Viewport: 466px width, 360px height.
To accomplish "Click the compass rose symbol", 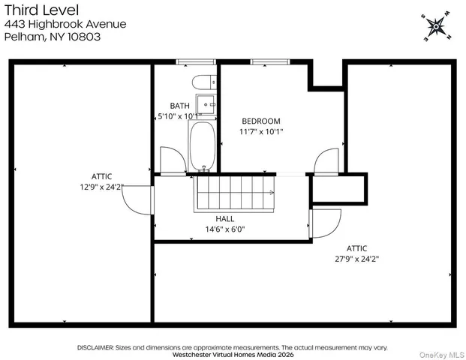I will pyautogui.click(x=434, y=27).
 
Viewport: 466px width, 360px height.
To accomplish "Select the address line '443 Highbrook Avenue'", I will pyautogui.click(x=65, y=23).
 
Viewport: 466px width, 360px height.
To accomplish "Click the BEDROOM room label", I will pyautogui.click(x=260, y=121).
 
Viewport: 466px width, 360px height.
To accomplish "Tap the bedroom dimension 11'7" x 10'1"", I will pyautogui.click(x=260, y=132).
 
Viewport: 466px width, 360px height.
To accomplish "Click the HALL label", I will pyautogui.click(x=225, y=219).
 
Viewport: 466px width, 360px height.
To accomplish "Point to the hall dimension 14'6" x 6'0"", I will pyautogui.click(x=225, y=229).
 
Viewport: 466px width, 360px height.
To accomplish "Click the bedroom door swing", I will pyautogui.click(x=327, y=161).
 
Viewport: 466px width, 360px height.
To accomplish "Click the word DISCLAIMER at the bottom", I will pyautogui.click(x=95, y=347).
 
